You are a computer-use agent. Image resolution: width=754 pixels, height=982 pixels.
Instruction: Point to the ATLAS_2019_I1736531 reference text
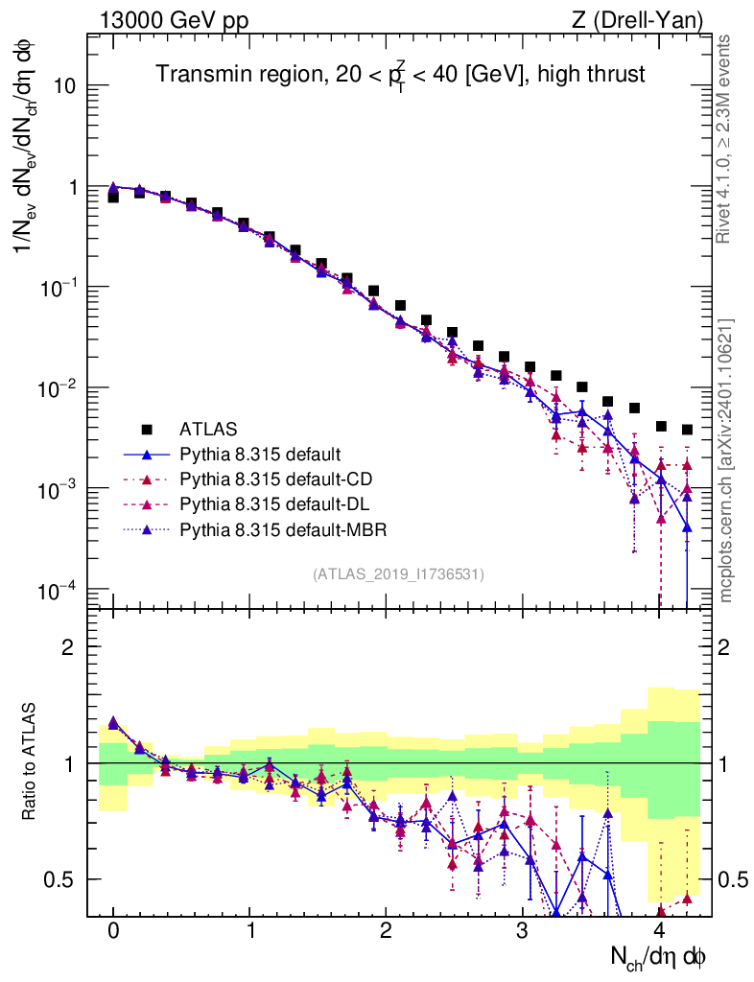tap(398, 574)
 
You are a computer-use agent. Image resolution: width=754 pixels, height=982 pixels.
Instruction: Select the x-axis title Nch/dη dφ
tap(660, 956)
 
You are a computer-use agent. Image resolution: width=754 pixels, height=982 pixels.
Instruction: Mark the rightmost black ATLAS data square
tap(688, 430)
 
